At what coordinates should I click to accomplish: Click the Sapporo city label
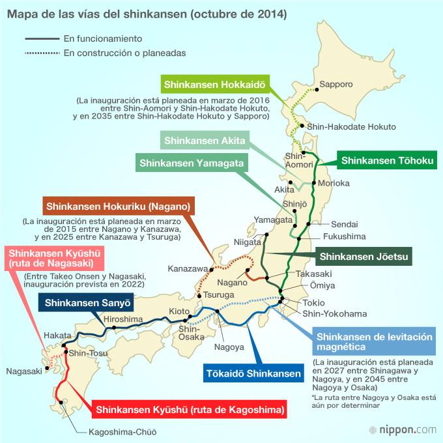click(x=336, y=84)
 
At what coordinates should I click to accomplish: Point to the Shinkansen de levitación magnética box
click(x=374, y=342)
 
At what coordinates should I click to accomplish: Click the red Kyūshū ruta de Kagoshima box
click(x=190, y=410)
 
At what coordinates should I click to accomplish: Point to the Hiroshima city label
click(x=123, y=319)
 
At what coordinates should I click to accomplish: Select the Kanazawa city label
click(x=187, y=268)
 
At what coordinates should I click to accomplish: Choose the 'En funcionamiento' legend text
click(x=103, y=39)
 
